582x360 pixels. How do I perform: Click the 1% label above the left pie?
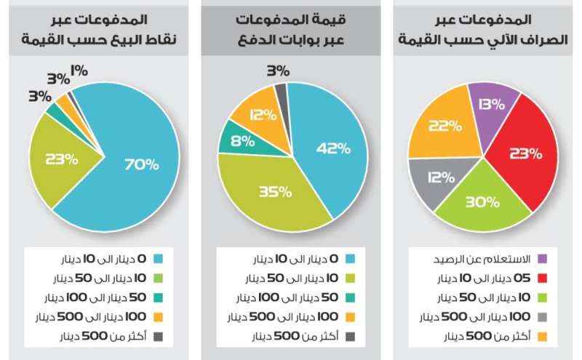tap(80, 71)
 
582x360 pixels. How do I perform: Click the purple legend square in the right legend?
tap(542, 258)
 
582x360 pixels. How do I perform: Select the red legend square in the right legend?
tap(542, 278)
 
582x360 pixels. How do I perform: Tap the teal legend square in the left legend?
tap(158, 297)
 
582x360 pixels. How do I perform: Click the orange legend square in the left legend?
tap(158, 317)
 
